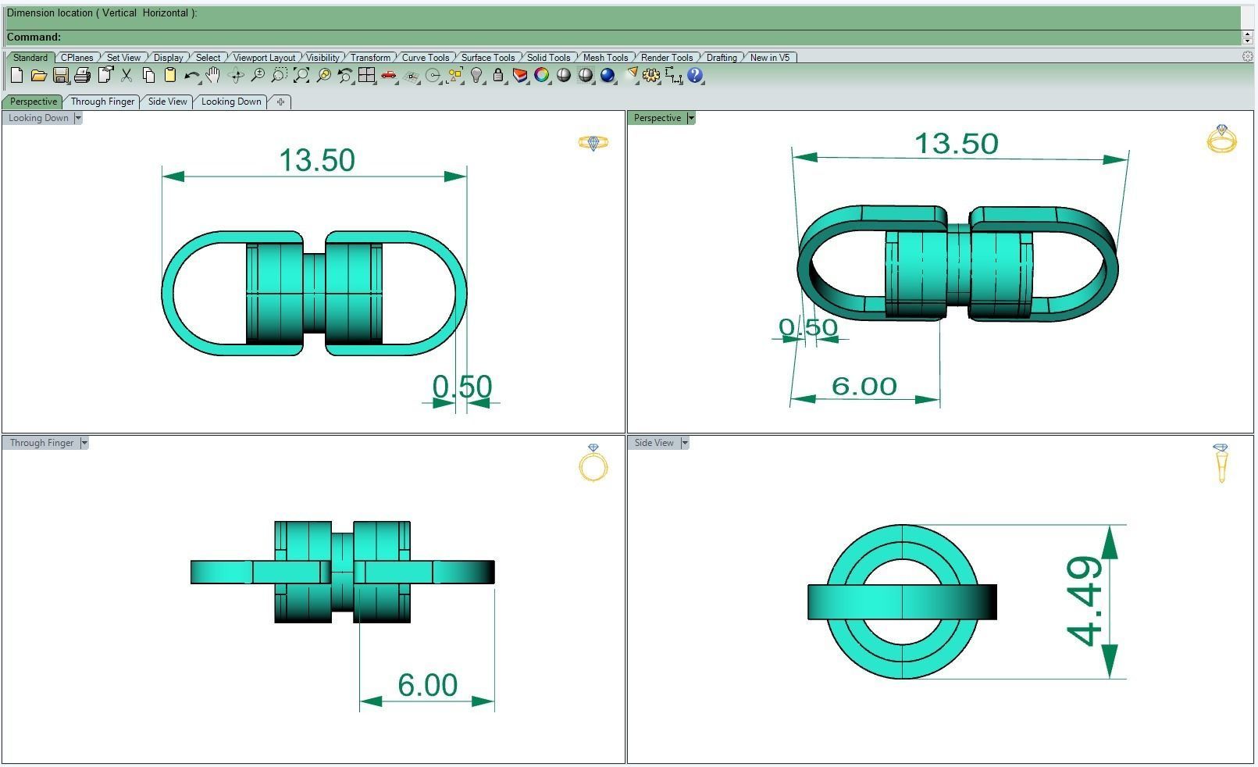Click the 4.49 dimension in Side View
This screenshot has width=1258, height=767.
coord(1085,601)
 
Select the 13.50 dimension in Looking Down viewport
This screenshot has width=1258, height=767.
coord(317,161)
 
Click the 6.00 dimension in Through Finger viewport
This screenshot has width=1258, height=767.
coord(427,685)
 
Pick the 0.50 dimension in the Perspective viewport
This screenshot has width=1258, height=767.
coord(808,327)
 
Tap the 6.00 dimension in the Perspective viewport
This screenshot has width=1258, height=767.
coord(864,386)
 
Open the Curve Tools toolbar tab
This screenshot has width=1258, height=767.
coord(425,58)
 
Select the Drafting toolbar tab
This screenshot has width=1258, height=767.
coord(721,58)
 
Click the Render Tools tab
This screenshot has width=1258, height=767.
coord(666,58)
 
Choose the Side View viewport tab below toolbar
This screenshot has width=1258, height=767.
coord(167,102)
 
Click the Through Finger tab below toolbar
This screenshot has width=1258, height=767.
coord(102,102)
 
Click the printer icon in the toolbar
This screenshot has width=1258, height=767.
coord(82,76)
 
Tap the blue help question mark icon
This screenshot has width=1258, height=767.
coord(695,76)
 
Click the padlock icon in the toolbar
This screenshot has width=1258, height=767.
coord(498,76)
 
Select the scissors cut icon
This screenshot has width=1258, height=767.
coord(127,76)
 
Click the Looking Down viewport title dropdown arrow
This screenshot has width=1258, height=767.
coord(77,118)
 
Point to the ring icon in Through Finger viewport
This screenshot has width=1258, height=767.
coord(593,464)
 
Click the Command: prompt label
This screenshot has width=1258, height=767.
coord(34,37)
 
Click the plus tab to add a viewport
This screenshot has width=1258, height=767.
coord(280,102)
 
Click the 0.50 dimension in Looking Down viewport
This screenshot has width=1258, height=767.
coord(462,387)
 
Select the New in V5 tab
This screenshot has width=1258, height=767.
coord(769,58)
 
